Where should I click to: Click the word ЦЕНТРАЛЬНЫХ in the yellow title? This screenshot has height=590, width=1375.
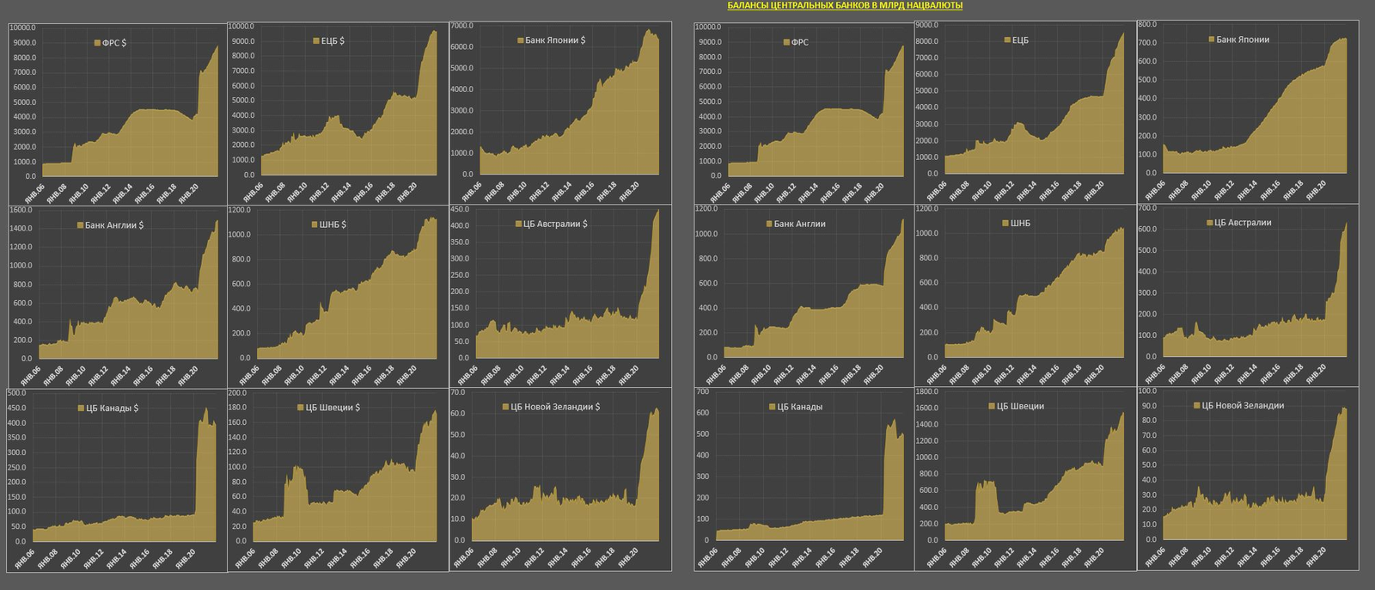tap(805, 5)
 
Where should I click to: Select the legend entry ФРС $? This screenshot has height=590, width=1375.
tap(110, 43)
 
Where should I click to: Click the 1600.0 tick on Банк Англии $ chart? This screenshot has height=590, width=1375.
tap(21, 210)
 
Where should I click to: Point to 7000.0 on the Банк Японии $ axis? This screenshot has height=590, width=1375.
tap(461, 26)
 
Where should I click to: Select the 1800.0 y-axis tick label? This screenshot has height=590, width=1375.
tap(926, 392)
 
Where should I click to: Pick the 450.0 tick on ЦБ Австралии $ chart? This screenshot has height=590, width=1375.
tap(460, 210)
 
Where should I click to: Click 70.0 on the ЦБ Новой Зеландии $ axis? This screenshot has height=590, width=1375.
tap(458, 392)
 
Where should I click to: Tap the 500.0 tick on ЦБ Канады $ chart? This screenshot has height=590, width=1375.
tap(17, 393)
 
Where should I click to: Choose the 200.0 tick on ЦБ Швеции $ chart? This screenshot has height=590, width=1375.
tap(237, 393)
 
